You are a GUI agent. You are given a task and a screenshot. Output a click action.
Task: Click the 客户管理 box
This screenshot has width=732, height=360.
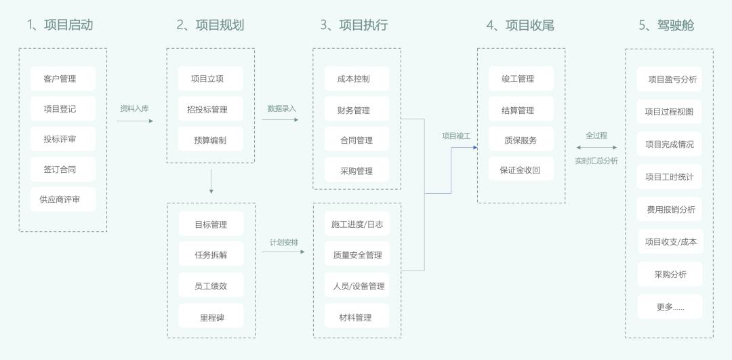click(63, 79)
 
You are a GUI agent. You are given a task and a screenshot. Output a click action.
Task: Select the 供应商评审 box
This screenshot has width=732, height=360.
click(63, 199)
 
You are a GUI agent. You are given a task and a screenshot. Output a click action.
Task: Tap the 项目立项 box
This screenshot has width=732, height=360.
click(210, 79)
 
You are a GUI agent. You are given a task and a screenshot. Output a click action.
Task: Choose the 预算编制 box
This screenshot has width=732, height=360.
click(210, 140)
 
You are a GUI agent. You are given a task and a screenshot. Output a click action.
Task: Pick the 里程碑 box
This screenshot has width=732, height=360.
click(211, 317)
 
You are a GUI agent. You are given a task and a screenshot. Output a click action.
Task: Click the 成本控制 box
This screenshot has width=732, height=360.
click(357, 79)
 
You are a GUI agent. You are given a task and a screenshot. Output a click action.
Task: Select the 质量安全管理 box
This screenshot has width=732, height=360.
click(357, 255)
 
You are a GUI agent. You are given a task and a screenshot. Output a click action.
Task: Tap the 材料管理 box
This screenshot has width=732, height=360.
click(357, 317)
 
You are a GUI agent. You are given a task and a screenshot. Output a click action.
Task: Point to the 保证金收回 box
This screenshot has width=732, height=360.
click(521, 169)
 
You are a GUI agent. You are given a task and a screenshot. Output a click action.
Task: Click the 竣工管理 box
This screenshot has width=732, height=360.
click(521, 79)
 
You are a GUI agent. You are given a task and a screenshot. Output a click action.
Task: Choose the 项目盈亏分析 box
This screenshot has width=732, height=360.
click(670, 79)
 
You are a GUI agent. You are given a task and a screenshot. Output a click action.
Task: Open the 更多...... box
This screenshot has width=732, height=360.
click(670, 306)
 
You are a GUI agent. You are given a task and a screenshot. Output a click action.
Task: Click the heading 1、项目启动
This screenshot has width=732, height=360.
click(60, 25)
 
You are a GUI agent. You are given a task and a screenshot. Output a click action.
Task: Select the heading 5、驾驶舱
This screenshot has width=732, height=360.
click(666, 25)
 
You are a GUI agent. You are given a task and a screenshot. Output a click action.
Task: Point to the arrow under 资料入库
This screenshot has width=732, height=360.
click(134, 121)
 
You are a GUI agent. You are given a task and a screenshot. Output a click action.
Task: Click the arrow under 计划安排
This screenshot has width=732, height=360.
click(283, 252)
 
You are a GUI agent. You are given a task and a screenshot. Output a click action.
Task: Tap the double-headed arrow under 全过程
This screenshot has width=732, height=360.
click(596, 147)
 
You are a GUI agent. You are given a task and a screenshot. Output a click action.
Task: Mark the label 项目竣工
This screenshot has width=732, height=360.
click(456, 136)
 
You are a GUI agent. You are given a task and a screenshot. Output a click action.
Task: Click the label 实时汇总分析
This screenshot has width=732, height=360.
click(596, 161)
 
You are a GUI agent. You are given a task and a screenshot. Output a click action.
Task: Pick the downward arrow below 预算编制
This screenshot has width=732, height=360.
click(211, 181)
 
